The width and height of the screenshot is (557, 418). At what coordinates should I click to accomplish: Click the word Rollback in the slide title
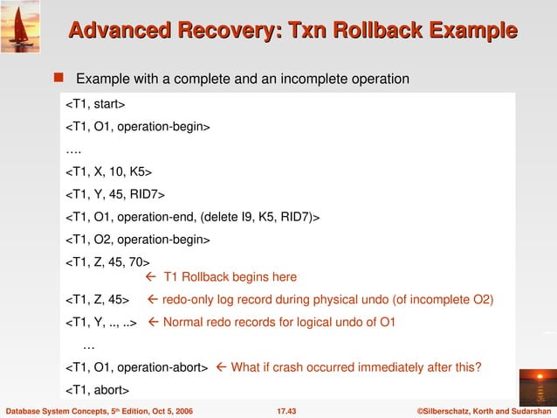[354, 32]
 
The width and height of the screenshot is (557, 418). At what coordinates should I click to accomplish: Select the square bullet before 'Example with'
[64, 79]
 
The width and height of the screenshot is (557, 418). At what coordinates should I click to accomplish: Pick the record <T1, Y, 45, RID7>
[115, 192]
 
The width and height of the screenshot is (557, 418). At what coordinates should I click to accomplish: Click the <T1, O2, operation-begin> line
[139, 237]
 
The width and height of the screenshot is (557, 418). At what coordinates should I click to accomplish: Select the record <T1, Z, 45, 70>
[108, 260]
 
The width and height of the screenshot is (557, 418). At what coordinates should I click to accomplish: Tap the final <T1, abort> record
[98, 389]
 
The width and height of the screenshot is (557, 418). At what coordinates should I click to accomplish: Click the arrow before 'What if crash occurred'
[220, 366]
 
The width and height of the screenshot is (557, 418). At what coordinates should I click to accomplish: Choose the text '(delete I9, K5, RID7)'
[261, 215]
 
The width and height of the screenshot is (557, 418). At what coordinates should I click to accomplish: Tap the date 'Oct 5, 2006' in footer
[165, 409]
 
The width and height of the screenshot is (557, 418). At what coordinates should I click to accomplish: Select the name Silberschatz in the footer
[452, 409]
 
